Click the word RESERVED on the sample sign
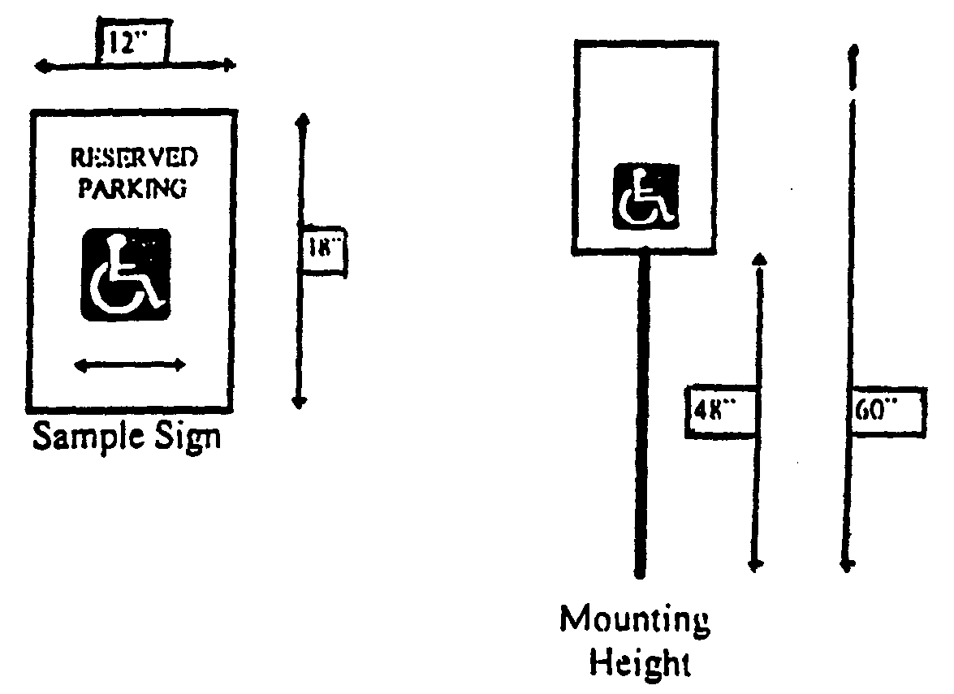[x=134, y=157]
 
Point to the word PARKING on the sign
[x=132, y=188]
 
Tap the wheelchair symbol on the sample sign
[x=125, y=274]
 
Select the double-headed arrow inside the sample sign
[x=130, y=366]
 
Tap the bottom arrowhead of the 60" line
[x=846, y=565]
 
